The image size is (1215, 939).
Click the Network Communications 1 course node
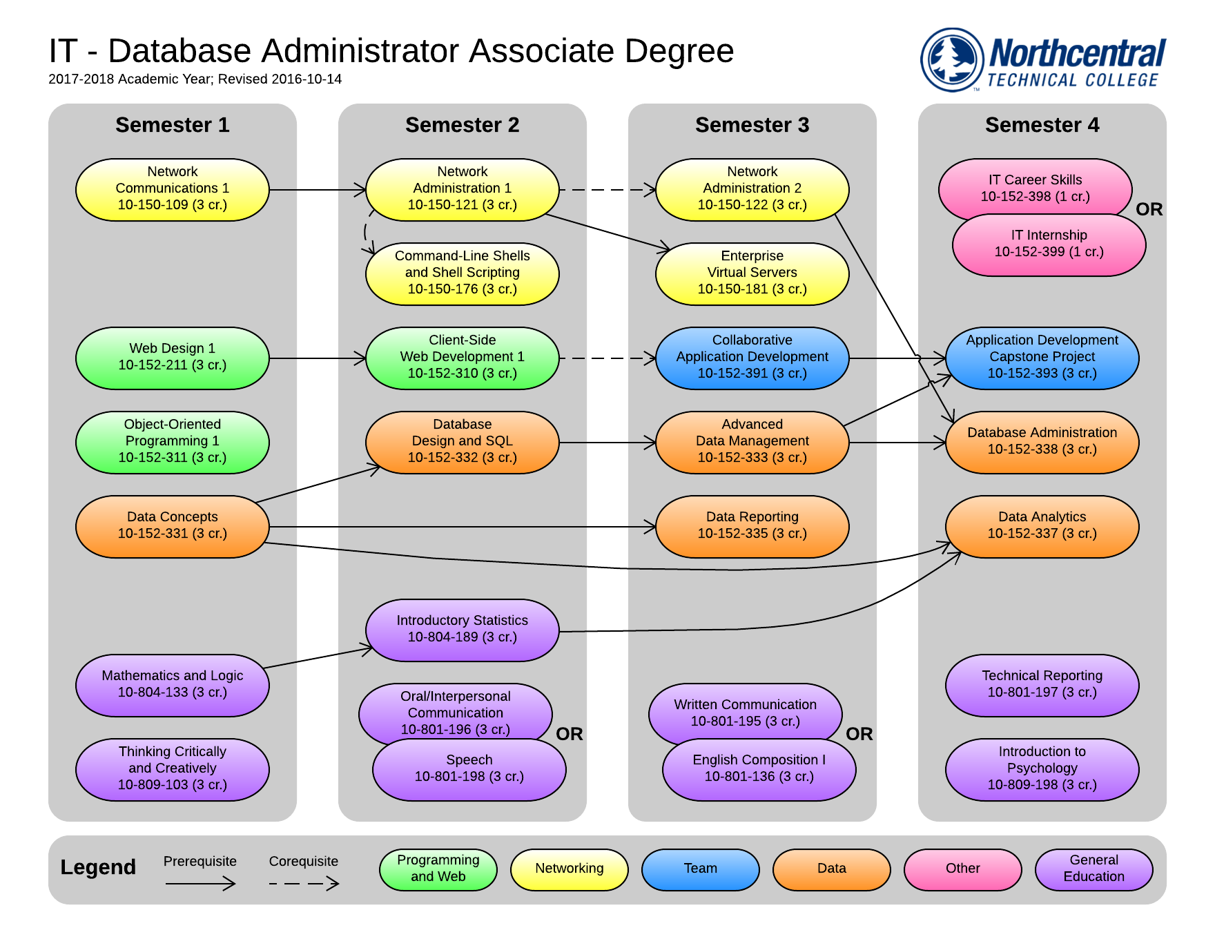point(172,189)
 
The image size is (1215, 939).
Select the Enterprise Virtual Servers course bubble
point(752,273)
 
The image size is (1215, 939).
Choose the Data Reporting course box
point(752,526)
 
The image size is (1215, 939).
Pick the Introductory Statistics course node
point(462,630)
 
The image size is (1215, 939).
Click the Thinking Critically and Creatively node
point(172,769)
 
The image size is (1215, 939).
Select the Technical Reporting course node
point(1042,685)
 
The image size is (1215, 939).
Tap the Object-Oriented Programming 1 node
point(172,442)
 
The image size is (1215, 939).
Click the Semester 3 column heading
point(752,125)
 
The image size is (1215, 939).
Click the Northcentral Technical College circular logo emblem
point(952,59)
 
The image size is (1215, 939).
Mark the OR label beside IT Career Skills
point(1149,209)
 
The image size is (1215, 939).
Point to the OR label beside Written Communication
point(859,734)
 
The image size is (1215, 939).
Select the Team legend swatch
point(700,869)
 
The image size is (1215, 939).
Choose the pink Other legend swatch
point(962,869)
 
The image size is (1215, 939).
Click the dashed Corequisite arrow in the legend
point(304,883)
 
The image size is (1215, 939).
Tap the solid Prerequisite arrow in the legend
point(200,883)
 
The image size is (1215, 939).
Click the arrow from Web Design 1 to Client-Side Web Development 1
point(318,358)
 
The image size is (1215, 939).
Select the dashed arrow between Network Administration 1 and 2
point(607,189)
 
